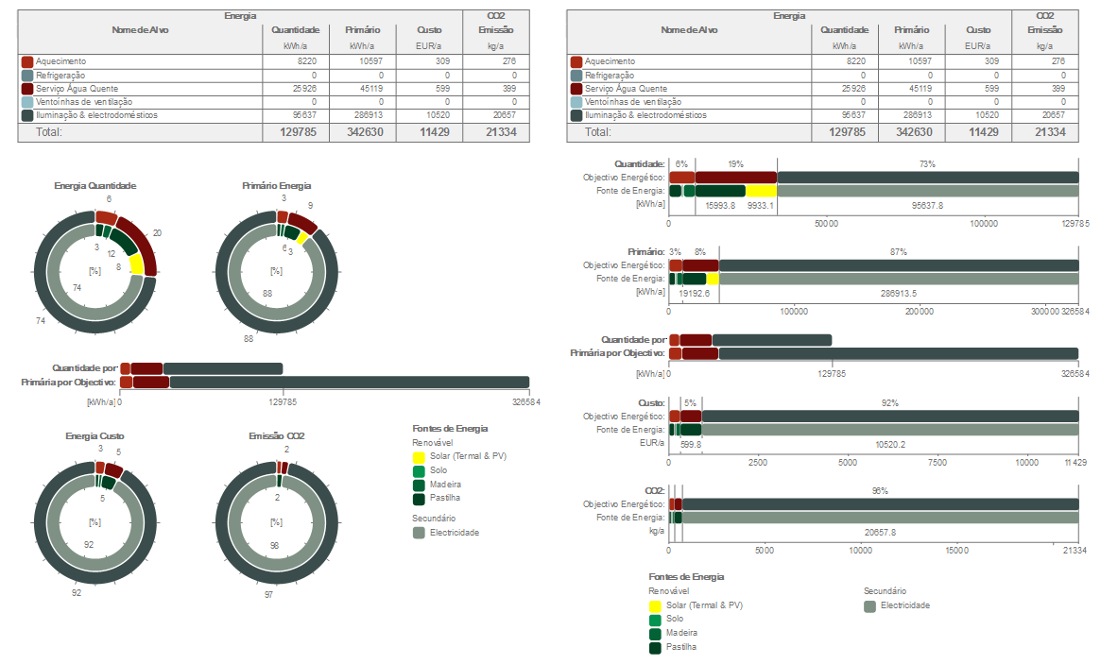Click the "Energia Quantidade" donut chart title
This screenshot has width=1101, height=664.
tap(95, 186)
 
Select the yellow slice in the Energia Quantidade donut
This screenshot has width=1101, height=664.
tap(137, 264)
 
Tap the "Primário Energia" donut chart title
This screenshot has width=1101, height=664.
tap(276, 186)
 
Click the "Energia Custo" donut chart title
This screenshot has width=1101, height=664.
tap(95, 436)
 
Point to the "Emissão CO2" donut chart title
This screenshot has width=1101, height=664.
tap(276, 436)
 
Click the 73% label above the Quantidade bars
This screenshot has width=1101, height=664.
tap(927, 164)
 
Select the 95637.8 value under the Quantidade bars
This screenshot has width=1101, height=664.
tap(927, 205)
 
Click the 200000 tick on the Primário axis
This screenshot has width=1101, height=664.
tap(920, 310)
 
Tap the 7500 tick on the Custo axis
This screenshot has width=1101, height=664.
tap(937, 463)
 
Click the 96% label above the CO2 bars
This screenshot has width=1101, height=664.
tap(880, 491)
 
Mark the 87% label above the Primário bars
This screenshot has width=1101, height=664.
tap(898, 252)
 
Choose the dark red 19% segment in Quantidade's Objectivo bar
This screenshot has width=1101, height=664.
tap(736, 178)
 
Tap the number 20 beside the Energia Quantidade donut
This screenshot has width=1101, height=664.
tap(157, 233)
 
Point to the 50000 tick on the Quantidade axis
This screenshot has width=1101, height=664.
tap(826, 224)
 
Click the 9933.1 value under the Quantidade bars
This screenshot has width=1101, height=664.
tap(761, 205)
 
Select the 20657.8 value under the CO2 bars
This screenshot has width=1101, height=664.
tap(880, 533)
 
